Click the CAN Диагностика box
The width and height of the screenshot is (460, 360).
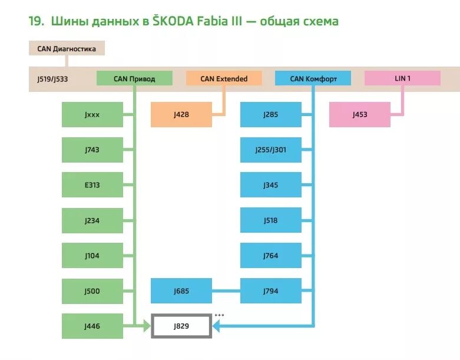click(67, 48)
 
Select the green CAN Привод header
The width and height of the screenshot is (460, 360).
click(134, 78)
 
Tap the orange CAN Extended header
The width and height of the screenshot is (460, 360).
click(224, 78)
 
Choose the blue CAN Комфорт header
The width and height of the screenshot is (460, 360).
click(313, 78)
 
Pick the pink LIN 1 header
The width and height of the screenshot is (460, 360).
click(402, 78)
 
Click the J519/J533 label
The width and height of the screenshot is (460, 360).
click(52, 78)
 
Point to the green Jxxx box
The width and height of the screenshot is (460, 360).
click(92, 114)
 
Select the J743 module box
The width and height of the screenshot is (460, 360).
click(92, 150)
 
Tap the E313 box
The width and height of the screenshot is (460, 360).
click(92, 185)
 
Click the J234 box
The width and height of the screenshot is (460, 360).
click(92, 220)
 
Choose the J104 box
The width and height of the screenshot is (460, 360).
click(92, 256)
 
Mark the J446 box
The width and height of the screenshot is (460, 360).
click(92, 326)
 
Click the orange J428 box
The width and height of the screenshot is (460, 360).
click(181, 114)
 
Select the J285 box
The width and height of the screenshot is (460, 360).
click(271, 114)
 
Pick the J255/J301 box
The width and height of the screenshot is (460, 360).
click(271, 150)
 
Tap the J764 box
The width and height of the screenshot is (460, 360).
click(271, 256)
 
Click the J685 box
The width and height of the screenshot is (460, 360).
click(181, 291)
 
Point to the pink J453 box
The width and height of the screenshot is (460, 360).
click(360, 114)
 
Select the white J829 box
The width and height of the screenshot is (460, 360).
click(181, 326)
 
